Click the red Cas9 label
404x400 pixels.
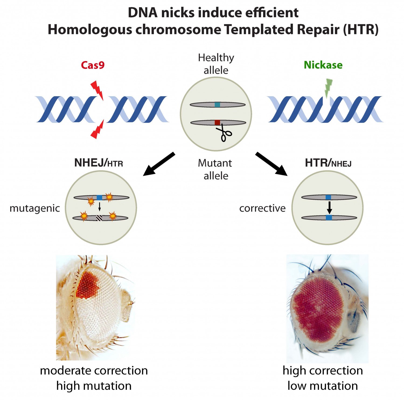coord(93,65)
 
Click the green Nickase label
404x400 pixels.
coord(323,65)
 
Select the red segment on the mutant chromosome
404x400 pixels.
coord(217,123)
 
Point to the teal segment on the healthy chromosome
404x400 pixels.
coord(217,105)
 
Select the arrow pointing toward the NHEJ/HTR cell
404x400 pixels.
coord(159,164)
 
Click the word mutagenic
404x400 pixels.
coord(34,208)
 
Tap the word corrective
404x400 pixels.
coord(262,208)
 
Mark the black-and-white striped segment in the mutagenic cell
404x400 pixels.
coord(99,218)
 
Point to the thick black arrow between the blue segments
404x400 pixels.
coord(329,207)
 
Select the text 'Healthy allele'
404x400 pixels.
coord(216,64)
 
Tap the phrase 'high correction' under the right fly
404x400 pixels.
coord(323,371)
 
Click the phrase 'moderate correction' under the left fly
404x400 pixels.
coord(94,371)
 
